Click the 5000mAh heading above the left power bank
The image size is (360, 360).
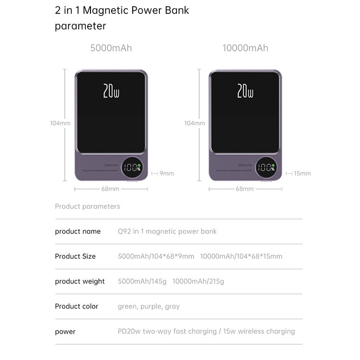click(x=111, y=48)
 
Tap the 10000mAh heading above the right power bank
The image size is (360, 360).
click(x=245, y=48)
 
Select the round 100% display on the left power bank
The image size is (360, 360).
click(x=133, y=168)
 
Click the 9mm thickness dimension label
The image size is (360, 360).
click(x=166, y=173)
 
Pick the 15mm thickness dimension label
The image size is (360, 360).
click(x=302, y=173)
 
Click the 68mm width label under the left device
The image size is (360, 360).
click(x=110, y=189)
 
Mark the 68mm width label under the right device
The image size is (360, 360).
click(x=245, y=189)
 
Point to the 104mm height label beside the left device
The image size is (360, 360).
click(x=60, y=123)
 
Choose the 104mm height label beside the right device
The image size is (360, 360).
click(x=194, y=123)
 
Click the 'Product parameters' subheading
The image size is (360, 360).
click(x=87, y=207)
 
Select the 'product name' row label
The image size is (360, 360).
click(x=78, y=231)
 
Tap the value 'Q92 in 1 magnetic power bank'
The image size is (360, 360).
click(x=167, y=231)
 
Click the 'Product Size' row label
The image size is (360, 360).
click(x=75, y=256)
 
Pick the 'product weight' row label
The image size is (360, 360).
click(x=80, y=282)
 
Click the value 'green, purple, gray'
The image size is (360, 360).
click(x=148, y=306)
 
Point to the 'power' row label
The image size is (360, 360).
click(x=65, y=332)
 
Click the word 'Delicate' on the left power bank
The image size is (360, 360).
click(x=111, y=165)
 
